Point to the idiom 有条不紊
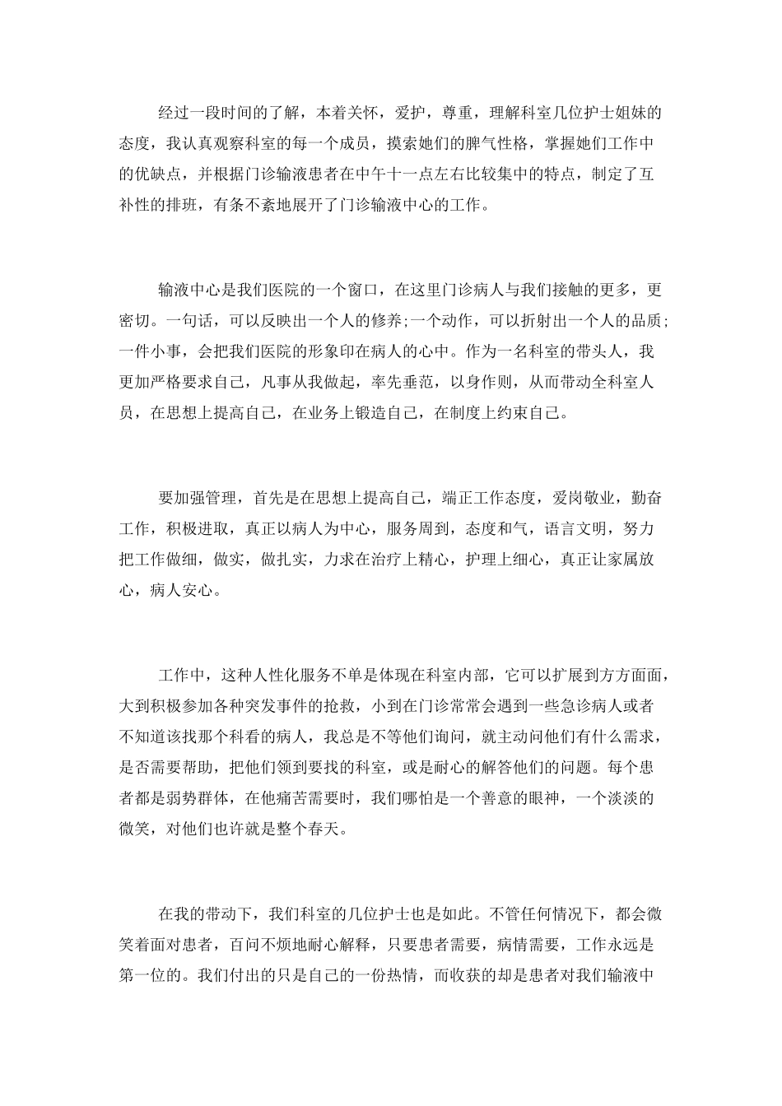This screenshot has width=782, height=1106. click(246, 204)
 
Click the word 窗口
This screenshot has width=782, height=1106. click(363, 290)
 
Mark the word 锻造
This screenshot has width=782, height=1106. click(372, 413)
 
